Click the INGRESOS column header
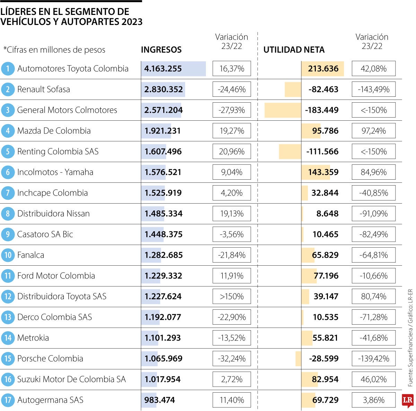point(161,50)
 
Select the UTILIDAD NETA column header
point(294,50)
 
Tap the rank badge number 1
point(8,69)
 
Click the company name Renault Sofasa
point(43,89)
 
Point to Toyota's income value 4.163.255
point(163,69)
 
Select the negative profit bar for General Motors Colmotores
point(283,110)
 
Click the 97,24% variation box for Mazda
point(373,131)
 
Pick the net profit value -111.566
point(322,152)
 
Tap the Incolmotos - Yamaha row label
point(55,172)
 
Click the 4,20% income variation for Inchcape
point(232,193)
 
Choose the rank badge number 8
point(8,214)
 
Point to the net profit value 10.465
point(325,234)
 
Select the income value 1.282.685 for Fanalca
point(164,255)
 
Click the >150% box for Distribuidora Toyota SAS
point(232,297)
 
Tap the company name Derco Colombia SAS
point(54,317)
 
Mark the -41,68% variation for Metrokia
point(373,338)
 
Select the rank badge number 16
point(8,379)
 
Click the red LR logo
point(408,401)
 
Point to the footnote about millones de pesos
point(54,50)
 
